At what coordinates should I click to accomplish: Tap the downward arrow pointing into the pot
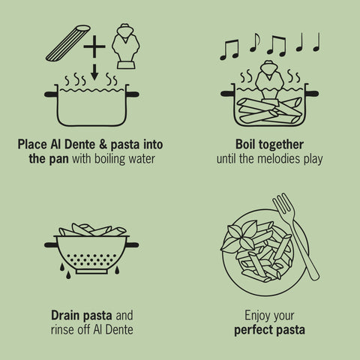(94, 72)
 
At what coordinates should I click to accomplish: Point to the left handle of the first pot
(51, 94)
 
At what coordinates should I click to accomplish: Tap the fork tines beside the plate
(283, 205)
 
